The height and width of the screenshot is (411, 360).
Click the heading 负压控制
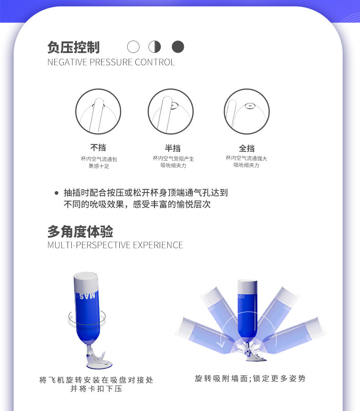73,47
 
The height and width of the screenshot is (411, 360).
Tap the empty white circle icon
133,47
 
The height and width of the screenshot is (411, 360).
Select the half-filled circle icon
155,47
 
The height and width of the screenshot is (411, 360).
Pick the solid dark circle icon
178,47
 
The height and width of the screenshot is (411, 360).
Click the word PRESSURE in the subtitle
111,62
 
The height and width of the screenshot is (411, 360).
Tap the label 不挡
98,148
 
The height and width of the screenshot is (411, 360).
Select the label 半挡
173,148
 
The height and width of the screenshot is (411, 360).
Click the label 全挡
247,148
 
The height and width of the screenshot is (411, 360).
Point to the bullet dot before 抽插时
57,193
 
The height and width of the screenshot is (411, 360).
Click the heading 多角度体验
80,231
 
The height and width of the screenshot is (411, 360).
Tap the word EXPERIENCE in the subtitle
158,245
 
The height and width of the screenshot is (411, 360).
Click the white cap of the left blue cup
86,282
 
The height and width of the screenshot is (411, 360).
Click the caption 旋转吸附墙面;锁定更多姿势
250,379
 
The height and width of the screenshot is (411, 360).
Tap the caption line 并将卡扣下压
96,389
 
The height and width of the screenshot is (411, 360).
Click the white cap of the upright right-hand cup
247,287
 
